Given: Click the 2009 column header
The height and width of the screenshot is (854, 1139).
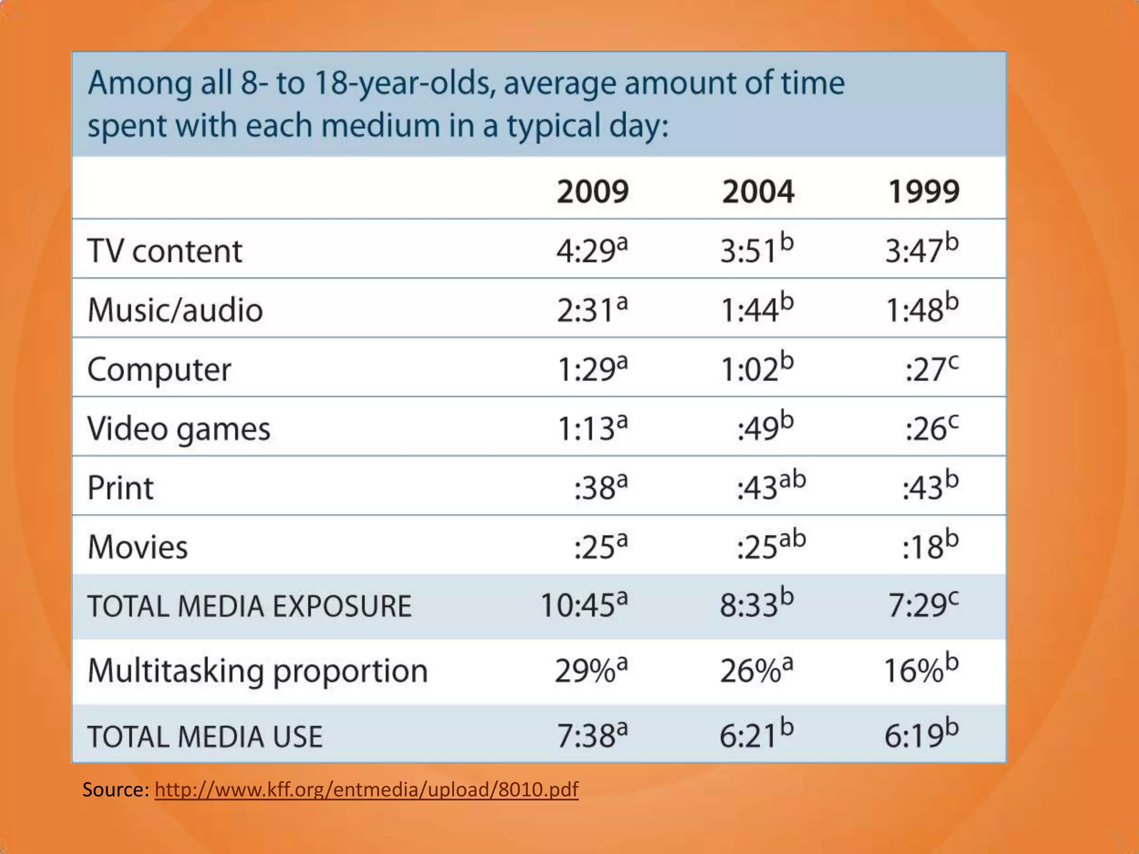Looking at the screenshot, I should coord(593,191).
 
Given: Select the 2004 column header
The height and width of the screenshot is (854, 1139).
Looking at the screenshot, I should coord(758,191).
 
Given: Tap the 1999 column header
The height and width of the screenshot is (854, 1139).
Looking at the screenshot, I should coord(924,191).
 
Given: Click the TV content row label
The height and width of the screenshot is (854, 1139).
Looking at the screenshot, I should coord(165,251).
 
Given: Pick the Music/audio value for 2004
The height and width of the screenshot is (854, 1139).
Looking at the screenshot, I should coord(757,309).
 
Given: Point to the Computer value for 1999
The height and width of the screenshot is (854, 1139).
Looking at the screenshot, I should coord(932,369).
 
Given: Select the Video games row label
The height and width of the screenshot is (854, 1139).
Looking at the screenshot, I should coord(179,429).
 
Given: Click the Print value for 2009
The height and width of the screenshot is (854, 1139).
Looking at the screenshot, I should coord(601,488).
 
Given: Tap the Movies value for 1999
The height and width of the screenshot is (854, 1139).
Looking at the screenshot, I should coord(930,547).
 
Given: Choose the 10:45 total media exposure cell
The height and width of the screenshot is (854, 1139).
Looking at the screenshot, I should coord(585,605).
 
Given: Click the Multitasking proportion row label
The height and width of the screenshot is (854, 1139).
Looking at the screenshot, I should coord(257,671).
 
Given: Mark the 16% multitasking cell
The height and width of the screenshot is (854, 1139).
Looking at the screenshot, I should coord(922,671).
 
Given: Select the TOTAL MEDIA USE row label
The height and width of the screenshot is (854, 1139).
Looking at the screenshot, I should coord(205,736).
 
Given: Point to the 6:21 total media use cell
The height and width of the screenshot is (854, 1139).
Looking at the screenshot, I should coord(756,735).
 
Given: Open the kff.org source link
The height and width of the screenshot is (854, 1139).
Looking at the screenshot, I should coord(367,790).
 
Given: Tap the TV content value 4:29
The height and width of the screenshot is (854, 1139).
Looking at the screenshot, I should coord(592,250).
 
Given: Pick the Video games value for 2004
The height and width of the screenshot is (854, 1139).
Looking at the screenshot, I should coord(765,428).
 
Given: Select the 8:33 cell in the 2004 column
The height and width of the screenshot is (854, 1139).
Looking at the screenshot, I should coord(756,605).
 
